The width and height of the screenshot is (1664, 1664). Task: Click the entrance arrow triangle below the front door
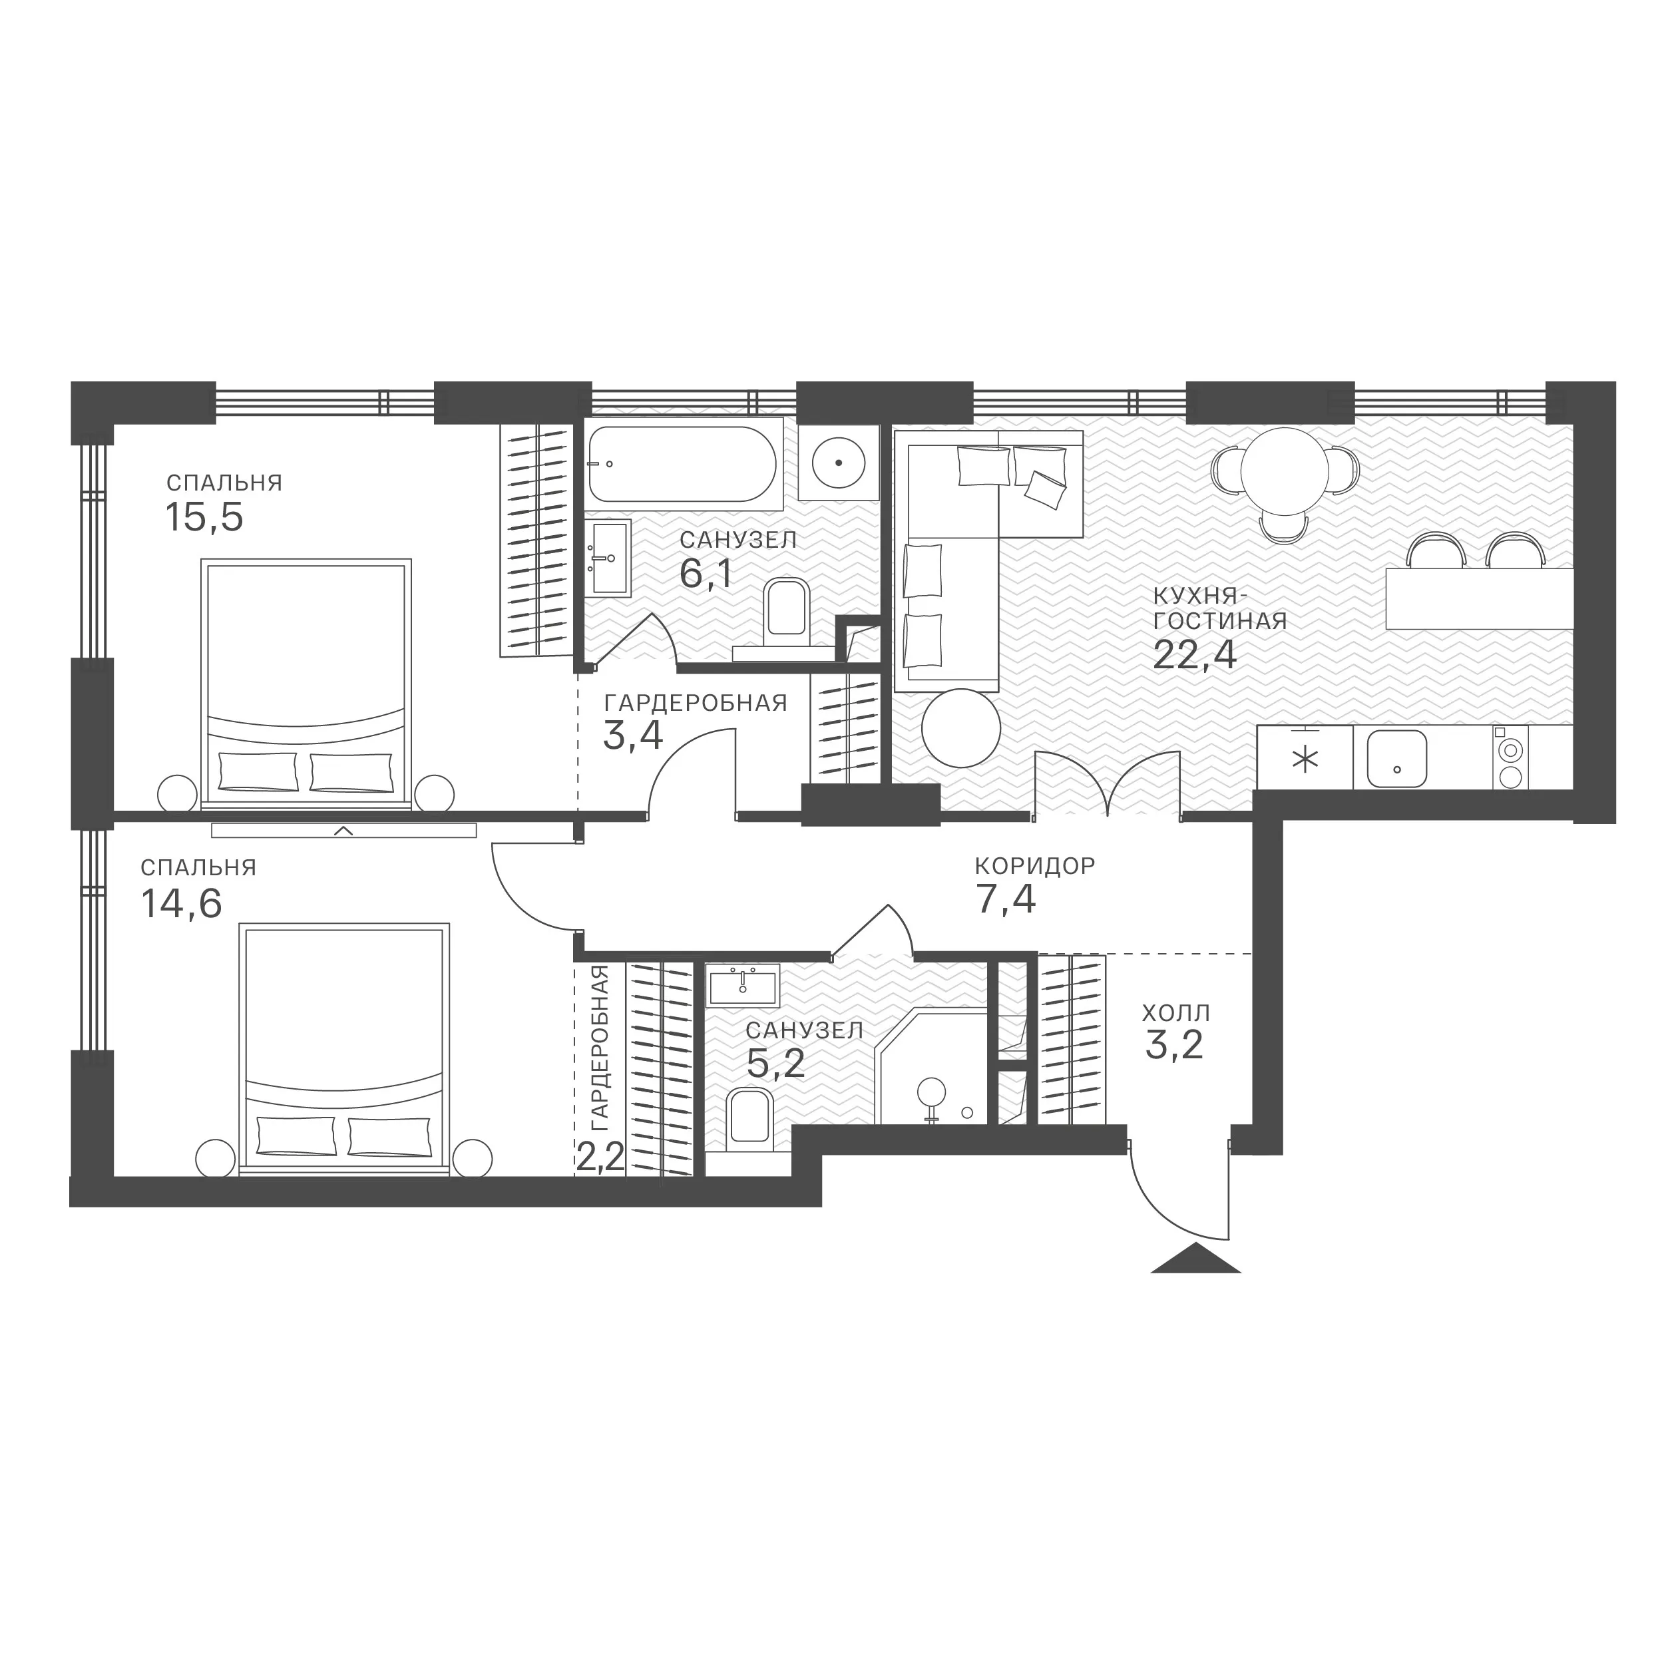[x=1195, y=1259]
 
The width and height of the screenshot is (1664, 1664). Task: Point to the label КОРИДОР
[x=1034, y=865]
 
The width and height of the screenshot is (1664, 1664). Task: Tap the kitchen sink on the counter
[x=1397, y=759]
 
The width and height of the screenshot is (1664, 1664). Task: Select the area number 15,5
[x=204, y=518]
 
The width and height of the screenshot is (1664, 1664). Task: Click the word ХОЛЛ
[x=1175, y=1012]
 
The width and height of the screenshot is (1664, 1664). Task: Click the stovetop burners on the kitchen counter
[x=1510, y=758]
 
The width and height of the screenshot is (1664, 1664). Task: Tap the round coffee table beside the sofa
[x=960, y=728]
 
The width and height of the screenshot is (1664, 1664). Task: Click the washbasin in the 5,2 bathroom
[x=742, y=985]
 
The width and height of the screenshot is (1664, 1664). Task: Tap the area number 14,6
[x=181, y=903]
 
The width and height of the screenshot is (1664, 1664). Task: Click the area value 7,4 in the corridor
[x=1005, y=900]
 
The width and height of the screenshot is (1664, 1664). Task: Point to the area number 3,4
[x=632, y=735]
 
